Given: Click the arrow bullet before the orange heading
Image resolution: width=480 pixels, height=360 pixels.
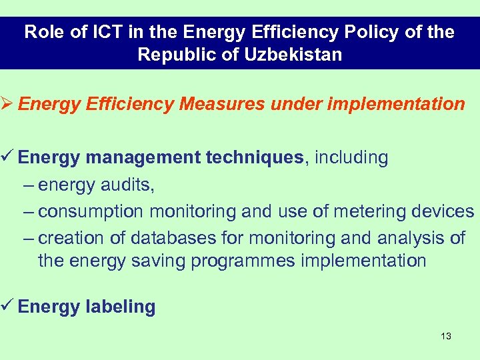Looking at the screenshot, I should (7, 104).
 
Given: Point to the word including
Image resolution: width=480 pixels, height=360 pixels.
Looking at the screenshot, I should (351, 158).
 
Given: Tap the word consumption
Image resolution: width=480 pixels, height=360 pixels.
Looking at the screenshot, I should (91, 212).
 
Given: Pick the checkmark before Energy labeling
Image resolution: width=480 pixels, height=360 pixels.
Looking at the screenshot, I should (7, 307).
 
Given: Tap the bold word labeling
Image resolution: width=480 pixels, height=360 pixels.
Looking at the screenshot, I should (120, 307).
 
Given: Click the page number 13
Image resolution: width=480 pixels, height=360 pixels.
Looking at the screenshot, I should (446, 336).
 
